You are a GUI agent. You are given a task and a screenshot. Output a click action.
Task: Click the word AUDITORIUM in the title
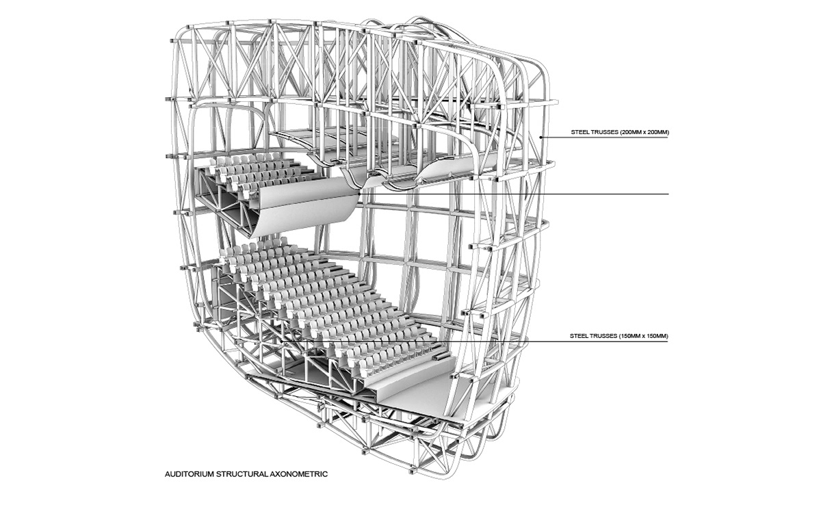coord(190,474)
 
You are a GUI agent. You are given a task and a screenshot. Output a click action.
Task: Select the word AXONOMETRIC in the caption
coord(299,474)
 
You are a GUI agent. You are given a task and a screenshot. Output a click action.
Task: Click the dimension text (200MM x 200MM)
coord(644,132)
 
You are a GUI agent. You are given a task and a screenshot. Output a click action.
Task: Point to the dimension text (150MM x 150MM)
coord(643,336)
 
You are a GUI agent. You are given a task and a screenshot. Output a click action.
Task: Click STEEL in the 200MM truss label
coord(578,132)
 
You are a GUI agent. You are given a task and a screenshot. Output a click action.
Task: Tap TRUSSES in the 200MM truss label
coord(603,132)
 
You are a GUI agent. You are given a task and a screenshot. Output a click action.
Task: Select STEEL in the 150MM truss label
coord(577,336)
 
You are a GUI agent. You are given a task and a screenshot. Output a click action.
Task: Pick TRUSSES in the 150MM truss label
coord(602,336)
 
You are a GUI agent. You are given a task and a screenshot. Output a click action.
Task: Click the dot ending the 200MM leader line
coord(541,138)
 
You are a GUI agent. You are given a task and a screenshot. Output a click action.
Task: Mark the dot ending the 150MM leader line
coord(281,341)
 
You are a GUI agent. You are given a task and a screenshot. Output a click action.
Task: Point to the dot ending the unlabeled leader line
coord(359,194)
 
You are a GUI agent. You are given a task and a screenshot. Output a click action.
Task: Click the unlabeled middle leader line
coord(514,194)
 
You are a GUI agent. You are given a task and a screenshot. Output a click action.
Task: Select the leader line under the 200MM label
coord(605,138)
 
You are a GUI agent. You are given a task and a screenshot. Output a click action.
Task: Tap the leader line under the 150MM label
coord(475,341)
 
